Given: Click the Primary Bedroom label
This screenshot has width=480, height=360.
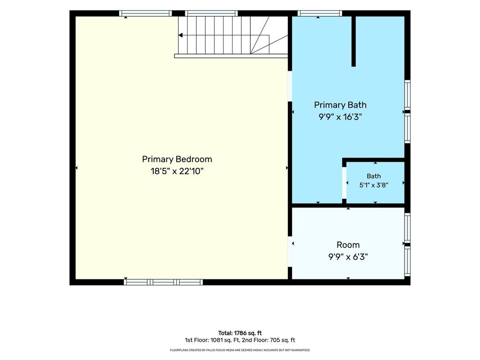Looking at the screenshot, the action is (177, 159).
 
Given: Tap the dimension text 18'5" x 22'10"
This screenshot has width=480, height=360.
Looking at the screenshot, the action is (177, 171).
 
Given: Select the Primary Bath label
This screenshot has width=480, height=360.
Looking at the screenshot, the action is (340, 105).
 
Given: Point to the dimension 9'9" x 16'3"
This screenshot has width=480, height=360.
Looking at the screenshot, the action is (340, 117).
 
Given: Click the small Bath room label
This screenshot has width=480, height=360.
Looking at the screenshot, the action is (374, 176).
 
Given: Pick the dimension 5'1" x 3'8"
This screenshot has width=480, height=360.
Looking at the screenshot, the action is (374, 185).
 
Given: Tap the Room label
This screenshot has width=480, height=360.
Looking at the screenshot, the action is (348, 245).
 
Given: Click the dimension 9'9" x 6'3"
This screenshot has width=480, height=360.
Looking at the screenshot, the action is (348, 256).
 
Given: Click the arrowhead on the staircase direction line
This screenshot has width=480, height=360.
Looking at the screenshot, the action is (180, 35).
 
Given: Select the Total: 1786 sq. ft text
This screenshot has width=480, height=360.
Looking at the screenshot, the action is (240, 333).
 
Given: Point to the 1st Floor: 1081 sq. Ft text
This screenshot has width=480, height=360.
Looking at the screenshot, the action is (212, 340).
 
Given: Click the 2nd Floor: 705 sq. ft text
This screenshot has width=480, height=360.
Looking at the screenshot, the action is (269, 340).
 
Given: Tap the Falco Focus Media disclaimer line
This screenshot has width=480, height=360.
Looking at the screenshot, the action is (240, 350).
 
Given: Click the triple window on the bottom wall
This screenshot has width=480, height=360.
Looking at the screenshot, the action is (164, 282).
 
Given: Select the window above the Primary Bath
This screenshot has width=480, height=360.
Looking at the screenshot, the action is (320, 13).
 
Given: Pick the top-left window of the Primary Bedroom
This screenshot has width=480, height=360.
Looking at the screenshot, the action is (145, 13).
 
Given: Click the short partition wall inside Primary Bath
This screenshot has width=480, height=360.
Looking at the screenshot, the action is (353, 41).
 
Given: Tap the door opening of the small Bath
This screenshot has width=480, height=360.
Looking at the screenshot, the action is (344, 183).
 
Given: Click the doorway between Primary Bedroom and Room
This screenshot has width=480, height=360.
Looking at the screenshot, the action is (290, 252).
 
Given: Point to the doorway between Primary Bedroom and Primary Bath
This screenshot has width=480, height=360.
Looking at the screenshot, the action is (290, 86).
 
